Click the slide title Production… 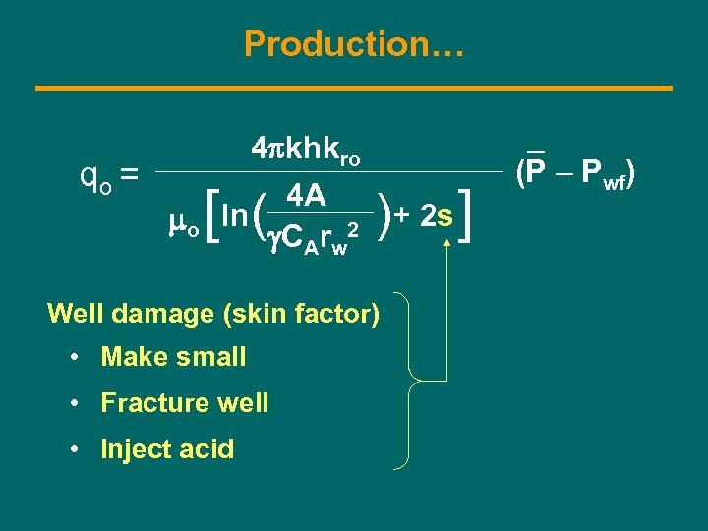353,44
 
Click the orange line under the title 354,88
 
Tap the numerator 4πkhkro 307,151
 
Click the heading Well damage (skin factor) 213,314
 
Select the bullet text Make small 173,357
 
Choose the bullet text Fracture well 184,403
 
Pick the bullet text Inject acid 167,449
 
